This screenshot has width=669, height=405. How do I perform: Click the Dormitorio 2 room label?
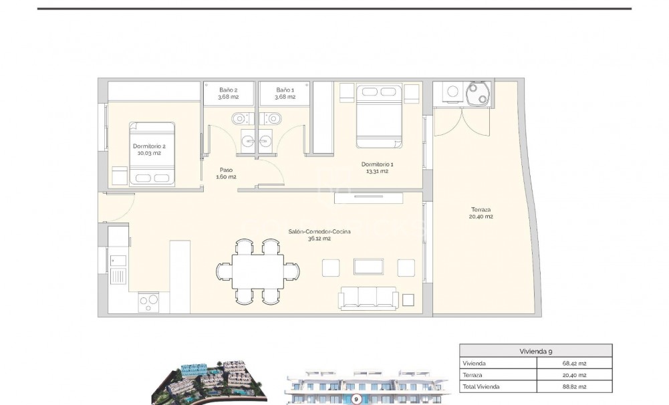149,149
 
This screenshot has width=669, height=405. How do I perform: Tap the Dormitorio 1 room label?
378,167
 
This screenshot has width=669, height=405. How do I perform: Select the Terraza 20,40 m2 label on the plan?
481,213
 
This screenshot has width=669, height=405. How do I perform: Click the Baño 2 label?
228,93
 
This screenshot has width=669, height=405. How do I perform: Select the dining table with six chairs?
259,271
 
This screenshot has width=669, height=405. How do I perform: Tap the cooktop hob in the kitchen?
148,303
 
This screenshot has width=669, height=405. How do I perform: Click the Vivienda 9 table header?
535,351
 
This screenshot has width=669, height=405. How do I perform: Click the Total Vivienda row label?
481,386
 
